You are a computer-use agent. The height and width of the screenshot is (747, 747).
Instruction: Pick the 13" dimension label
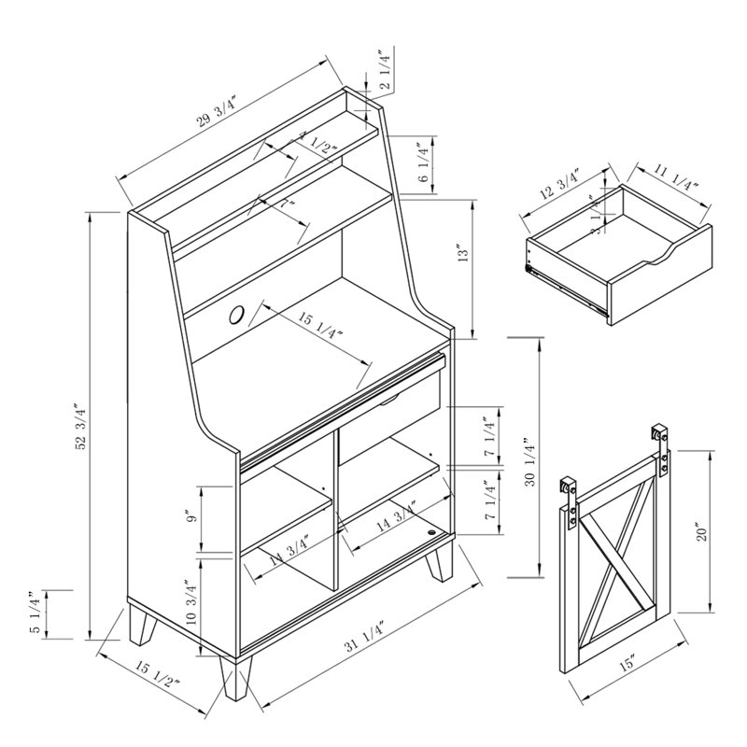[x=461, y=256]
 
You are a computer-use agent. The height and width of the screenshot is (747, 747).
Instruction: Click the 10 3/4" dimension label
[x=190, y=602]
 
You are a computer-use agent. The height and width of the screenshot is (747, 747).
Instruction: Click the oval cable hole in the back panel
[x=236, y=316]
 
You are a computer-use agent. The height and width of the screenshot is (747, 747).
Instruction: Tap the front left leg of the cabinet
[x=233, y=677]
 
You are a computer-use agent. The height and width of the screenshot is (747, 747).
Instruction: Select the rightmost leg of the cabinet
[x=439, y=563]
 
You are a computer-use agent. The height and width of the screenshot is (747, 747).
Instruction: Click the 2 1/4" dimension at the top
[x=383, y=69]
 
